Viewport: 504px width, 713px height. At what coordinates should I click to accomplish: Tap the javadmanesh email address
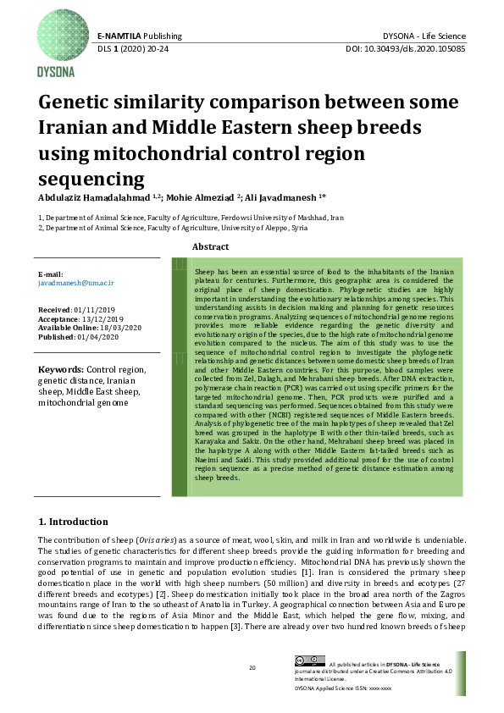pyautogui.click(x=76, y=283)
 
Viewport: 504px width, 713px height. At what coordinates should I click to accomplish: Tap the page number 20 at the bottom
pyautogui.click(x=252, y=668)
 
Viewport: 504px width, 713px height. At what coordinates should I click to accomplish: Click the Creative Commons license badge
pyautogui.click(x=309, y=660)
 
